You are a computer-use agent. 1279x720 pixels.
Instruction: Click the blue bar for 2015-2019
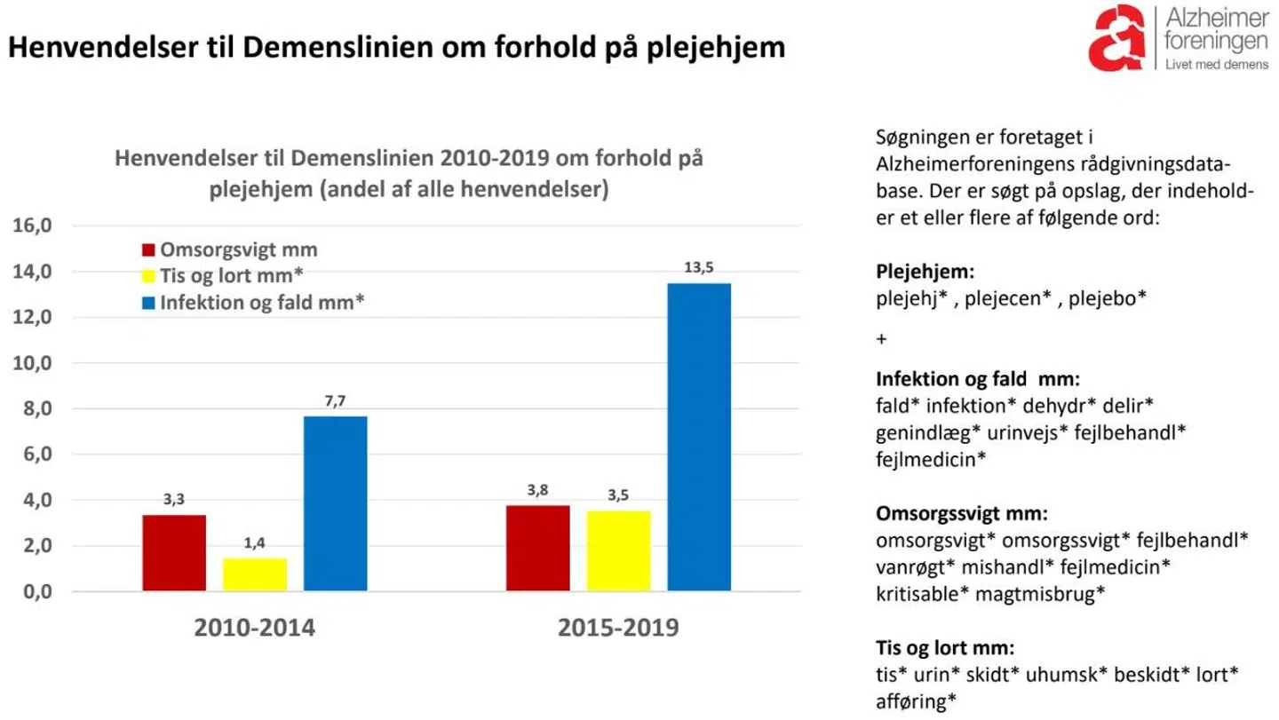[699, 437]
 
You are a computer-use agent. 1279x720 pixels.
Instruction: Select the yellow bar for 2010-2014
[254, 574]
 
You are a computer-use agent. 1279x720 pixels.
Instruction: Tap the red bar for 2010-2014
[174, 552]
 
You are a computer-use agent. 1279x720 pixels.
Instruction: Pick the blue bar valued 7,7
[335, 503]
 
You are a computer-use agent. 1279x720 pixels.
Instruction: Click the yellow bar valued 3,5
[618, 550]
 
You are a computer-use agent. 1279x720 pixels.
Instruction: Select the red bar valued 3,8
[537, 548]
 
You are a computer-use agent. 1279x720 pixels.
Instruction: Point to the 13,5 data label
[699, 268]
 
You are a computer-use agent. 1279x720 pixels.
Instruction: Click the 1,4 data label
[254, 543]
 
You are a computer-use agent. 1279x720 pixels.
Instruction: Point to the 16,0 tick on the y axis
[35, 225]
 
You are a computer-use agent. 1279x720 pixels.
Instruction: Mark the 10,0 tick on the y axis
[35, 363]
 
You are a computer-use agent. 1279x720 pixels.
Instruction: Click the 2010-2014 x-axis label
[255, 629]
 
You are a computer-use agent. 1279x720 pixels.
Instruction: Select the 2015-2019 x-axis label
[618, 629]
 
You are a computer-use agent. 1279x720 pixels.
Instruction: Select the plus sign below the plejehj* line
[881, 339]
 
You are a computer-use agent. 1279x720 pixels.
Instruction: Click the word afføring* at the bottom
[916, 700]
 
